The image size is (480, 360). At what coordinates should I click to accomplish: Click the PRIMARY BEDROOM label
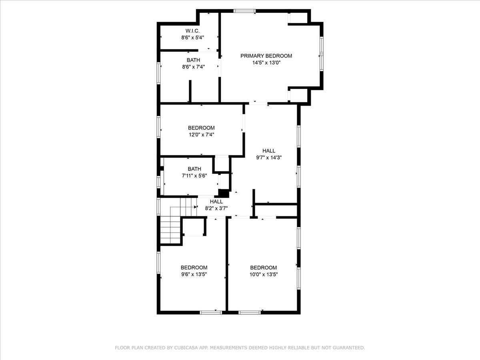coord(266,56)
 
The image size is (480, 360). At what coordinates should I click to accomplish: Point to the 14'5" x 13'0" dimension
coord(266,63)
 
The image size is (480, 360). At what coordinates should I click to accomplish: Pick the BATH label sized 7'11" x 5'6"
coord(194,169)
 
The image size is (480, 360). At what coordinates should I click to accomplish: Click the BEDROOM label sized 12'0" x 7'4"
coord(201,128)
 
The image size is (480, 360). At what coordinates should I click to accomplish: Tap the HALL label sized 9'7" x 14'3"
coord(269,151)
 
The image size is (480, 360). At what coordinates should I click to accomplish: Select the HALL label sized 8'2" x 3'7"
coord(216,202)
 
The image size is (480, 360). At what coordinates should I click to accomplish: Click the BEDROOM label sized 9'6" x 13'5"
coord(194,268)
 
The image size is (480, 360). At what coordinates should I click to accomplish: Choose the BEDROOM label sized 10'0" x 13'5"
coord(264,268)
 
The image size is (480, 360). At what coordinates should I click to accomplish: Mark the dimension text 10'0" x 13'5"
coord(264,274)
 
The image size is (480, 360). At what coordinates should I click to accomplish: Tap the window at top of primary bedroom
coord(244,11)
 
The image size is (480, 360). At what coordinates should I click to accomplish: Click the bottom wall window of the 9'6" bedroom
coord(211,312)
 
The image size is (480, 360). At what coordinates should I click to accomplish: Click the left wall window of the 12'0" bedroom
coord(159,127)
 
